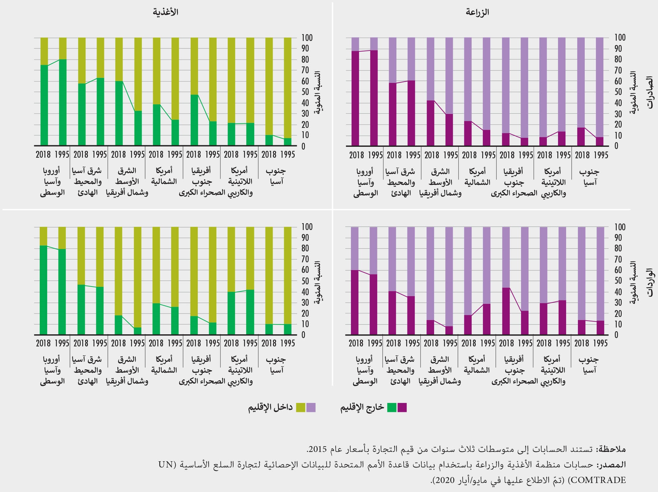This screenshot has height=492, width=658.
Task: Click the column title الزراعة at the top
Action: [478, 12]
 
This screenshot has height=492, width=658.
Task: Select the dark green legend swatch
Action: [392, 407]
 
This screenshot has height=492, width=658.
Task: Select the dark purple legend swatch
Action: [402, 407]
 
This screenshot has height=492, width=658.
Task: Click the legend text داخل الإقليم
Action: [270, 407]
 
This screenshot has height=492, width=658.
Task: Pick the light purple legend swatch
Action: [311, 407]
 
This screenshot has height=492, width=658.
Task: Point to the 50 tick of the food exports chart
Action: [306, 92]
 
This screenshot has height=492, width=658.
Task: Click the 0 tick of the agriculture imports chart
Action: [616, 335]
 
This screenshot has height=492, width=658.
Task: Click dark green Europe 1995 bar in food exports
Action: [63, 102]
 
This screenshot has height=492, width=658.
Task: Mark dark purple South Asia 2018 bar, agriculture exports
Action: [581, 137]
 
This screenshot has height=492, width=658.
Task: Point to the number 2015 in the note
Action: [316, 449]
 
